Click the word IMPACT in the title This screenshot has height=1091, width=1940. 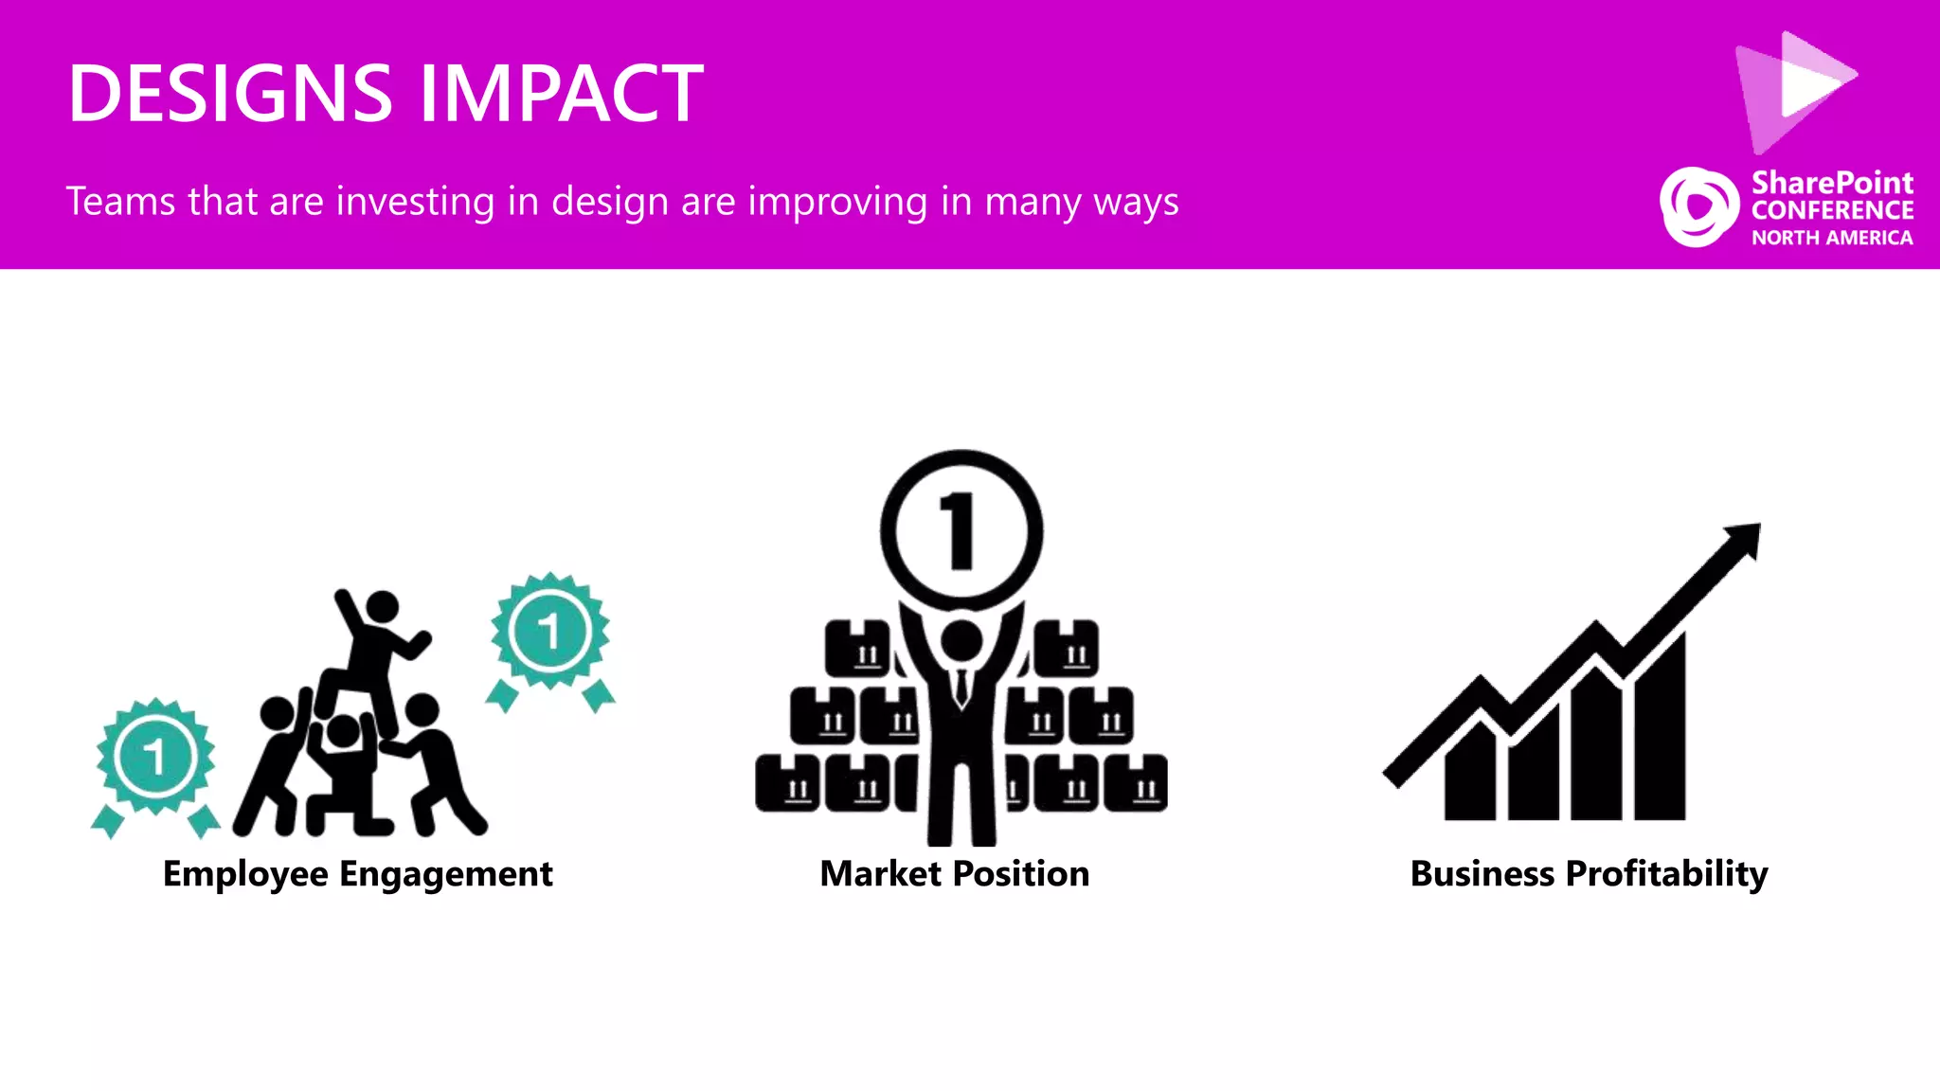[561, 94]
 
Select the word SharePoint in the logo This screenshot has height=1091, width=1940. [1832, 182]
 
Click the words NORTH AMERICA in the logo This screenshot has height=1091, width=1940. [1832, 238]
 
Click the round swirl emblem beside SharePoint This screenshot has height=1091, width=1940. [1698, 206]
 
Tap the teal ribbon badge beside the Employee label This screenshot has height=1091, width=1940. [155, 759]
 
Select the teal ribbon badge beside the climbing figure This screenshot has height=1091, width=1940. [550, 633]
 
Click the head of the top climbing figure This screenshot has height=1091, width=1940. [382, 607]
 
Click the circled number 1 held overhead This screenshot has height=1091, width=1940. [961, 530]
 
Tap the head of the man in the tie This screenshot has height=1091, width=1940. [961, 641]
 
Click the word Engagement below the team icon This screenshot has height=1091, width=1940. [445, 874]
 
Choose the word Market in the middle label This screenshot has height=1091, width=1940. [881, 874]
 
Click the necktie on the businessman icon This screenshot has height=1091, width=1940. [961, 688]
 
